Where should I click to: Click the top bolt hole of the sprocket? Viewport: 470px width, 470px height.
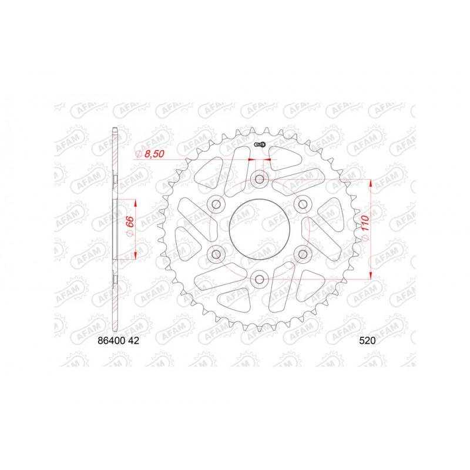[x=259, y=179]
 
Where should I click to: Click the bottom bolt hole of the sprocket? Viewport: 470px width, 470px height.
[x=259, y=278]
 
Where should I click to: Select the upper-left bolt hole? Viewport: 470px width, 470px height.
[x=216, y=204]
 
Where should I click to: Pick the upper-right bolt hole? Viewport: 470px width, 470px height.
[x=303, y=204]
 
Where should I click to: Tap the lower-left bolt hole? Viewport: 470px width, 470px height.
[x=216, y=254]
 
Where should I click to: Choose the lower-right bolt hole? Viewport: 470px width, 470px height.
[x=303, y=254]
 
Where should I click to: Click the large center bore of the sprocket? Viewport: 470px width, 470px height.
[x=259, y=229]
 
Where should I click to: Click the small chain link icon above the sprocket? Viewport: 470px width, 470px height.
[x=260, y=145]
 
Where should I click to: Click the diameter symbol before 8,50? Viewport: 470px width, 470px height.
[x=138, y=153]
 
